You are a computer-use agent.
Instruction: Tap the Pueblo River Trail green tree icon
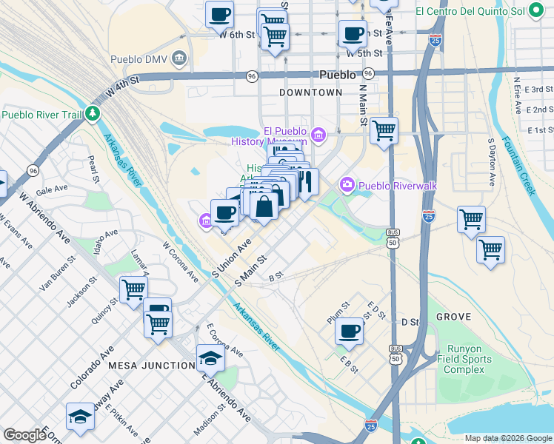[x=93, y=114]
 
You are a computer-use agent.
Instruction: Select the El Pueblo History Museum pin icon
[x=318, y=135]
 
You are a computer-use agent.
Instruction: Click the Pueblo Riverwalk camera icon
[x=347, y=184]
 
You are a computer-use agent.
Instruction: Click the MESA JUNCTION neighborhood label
[x=151, y=366]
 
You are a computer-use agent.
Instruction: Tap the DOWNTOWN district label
[x=311, y=92]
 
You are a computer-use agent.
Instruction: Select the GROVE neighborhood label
[x=453, y=316]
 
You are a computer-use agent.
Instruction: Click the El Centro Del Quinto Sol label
[x=470, y=12]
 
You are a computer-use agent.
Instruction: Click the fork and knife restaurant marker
[x=306, y=181]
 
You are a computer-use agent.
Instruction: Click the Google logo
[x=24, y=435]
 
